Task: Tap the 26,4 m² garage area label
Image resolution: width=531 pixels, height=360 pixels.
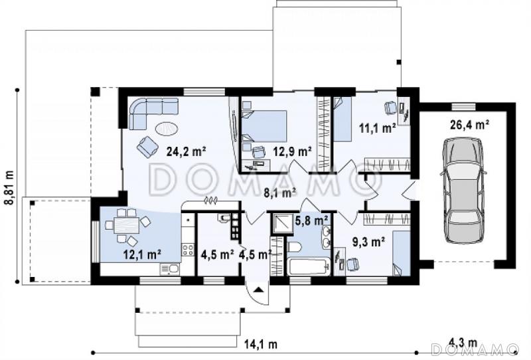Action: [x=469, y=125]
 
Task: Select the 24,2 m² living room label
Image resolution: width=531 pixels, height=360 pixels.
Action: [x=187, y=151]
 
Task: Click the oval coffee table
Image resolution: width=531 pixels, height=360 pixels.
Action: [x=167, y=129]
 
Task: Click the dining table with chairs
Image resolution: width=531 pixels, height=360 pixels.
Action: [x=126, y=226]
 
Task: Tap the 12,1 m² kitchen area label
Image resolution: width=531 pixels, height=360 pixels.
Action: [x=142, y=254]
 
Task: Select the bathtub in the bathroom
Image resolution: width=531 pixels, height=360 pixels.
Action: [x=309, y=267]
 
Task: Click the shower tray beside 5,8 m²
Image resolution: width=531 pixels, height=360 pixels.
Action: [x=281, y=224]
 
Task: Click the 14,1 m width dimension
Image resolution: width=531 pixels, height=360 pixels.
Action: [x=261, y=345]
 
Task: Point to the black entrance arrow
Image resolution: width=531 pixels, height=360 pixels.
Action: [x=259, y=290]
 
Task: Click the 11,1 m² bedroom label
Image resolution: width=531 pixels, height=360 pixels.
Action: [x=377, y=128]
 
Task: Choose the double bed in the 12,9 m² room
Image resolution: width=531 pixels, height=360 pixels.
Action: [x=265, y=126]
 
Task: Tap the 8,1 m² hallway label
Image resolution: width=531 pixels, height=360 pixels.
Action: [x=280, y=193]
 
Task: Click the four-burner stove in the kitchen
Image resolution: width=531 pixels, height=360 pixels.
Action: [x=188, y=250]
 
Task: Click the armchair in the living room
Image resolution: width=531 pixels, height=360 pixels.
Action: [x=147, y=146]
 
